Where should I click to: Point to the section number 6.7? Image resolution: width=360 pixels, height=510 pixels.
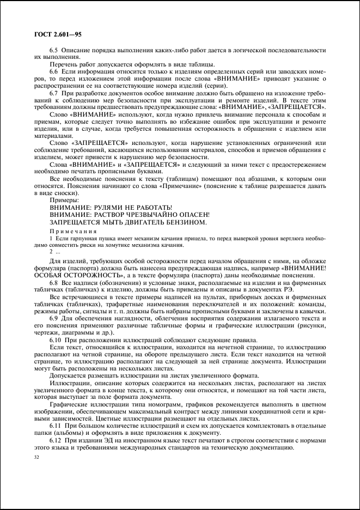click(54, 94)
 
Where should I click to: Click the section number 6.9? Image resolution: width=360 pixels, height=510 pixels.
click(54, 318)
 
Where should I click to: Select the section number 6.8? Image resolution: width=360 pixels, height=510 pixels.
click(54, 283)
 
